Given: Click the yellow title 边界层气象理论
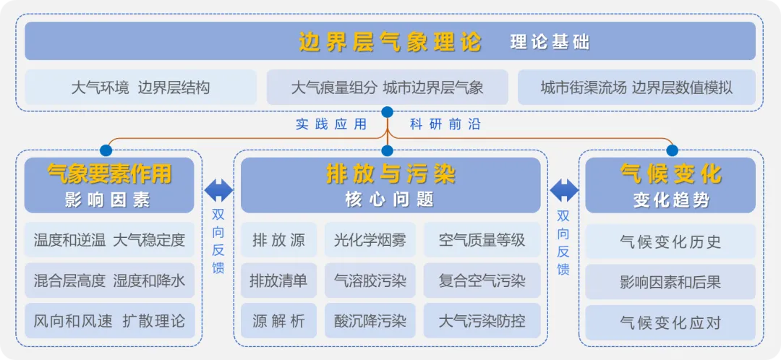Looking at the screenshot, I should (390, 42).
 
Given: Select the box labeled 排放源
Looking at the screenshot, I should (278, 240).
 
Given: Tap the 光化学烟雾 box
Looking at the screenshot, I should (370, 240).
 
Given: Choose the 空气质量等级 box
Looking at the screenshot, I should (482, 240).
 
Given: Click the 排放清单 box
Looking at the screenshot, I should (278, 280).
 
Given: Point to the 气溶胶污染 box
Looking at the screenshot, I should (370, 280).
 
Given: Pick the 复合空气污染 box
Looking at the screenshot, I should (482, 280).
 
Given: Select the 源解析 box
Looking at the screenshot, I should (278, 321).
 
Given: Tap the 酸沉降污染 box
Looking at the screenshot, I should (370, 321).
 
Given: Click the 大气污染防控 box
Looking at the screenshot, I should (482, 321).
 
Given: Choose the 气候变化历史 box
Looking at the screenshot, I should (670, 241).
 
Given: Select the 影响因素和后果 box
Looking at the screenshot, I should (670, 282).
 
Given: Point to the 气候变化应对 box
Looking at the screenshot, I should (670, 322).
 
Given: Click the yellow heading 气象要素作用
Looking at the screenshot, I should (109, 174).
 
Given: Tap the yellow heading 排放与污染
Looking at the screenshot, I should (390, 174).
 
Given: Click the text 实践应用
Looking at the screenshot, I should (331, 124).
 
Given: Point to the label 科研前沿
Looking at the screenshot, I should (445, 124).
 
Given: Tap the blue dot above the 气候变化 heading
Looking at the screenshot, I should (672, 150).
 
